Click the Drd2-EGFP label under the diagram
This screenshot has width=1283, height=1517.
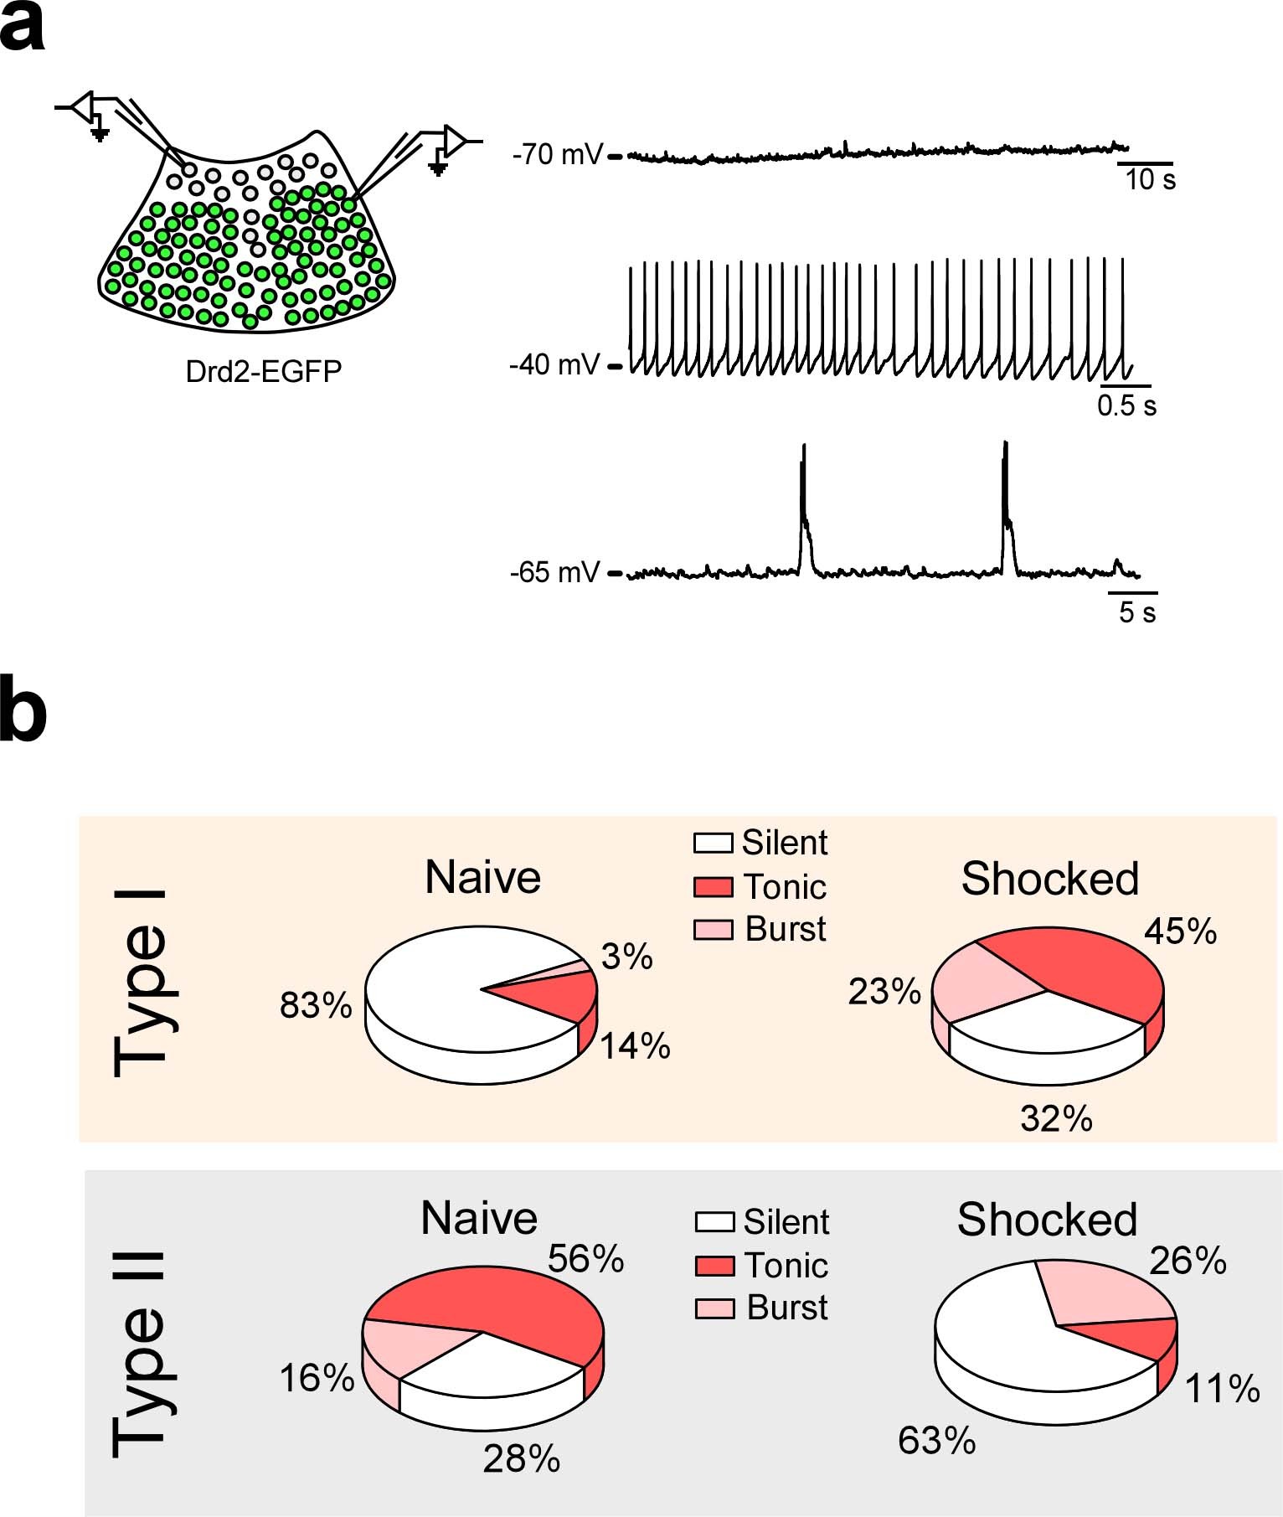click(264, 371)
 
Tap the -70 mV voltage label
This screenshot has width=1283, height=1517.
click(557, 155)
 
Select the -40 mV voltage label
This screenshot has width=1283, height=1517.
click(554, 365)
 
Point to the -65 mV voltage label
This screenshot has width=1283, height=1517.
click(554, 573)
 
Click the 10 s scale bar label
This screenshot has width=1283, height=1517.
click(1150, 179)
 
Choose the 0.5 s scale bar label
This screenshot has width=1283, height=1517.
click(1126, 406)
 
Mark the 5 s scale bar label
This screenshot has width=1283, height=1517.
click(1137, 612)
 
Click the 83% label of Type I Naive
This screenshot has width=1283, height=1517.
click(316, 1005)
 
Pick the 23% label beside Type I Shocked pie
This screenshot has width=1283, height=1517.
click(884, 992)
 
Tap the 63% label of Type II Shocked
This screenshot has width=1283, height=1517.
click(936, 1441)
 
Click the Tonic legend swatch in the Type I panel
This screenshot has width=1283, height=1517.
click(714, 886)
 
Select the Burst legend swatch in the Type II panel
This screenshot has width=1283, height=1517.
click(714, 1308)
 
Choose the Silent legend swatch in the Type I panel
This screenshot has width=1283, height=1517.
click(714, 843)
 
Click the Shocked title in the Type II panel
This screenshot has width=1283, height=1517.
click(1047, 1220)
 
